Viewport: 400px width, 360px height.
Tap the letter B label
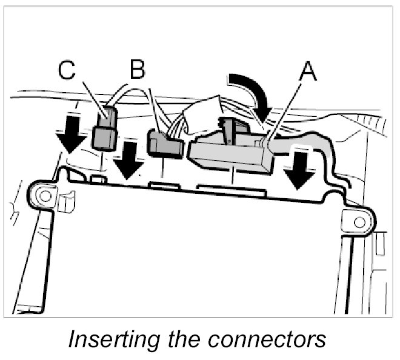(138, 71)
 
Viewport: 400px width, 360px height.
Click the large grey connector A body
(230, 156)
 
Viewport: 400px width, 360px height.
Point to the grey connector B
(164, 145)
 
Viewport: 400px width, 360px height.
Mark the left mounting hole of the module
(43, 195)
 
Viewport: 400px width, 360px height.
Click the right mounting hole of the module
(359, 222)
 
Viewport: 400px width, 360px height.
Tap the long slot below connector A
(232, 189)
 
